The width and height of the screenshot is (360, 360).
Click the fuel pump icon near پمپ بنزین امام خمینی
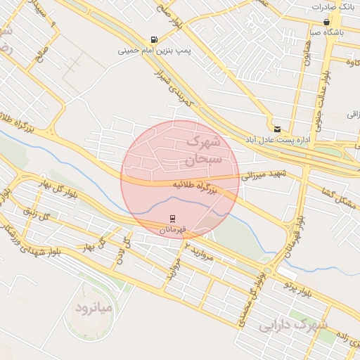(154, 39)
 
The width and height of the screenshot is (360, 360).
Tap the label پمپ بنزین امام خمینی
(154, 51)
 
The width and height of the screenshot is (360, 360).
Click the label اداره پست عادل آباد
(278, 140)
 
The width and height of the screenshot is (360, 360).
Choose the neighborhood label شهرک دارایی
(293, 325)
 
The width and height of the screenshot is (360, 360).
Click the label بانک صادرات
(332, 6)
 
